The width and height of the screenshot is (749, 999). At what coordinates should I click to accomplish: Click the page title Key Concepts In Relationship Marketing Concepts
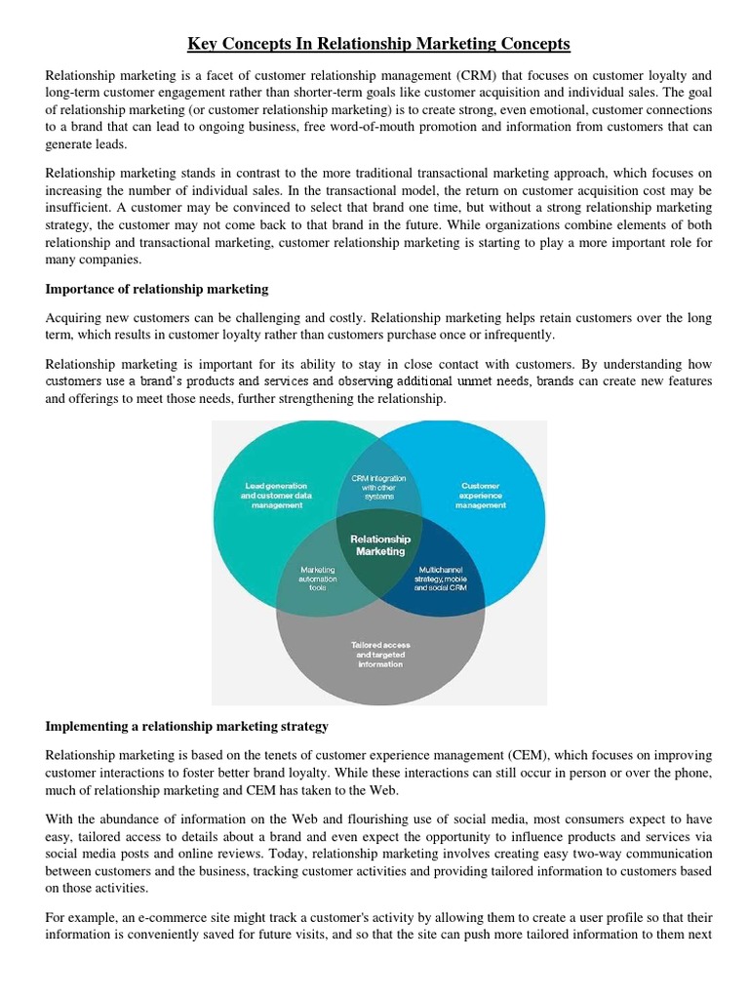pos(379,44)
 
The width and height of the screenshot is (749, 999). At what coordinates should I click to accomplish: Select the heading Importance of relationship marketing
pos(157,290)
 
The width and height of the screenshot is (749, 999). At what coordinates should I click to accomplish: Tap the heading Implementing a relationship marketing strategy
pos(187,727)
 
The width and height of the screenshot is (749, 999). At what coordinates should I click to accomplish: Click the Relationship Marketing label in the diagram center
pos(380,545)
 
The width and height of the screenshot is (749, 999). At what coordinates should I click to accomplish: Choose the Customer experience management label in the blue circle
pos(480,495)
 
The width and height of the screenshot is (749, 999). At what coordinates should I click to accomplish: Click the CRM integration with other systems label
pos(379,487)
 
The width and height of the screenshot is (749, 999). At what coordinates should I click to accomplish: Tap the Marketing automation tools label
pos(318,578)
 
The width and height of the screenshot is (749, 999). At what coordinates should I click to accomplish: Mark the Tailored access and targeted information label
pos(379,654)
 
